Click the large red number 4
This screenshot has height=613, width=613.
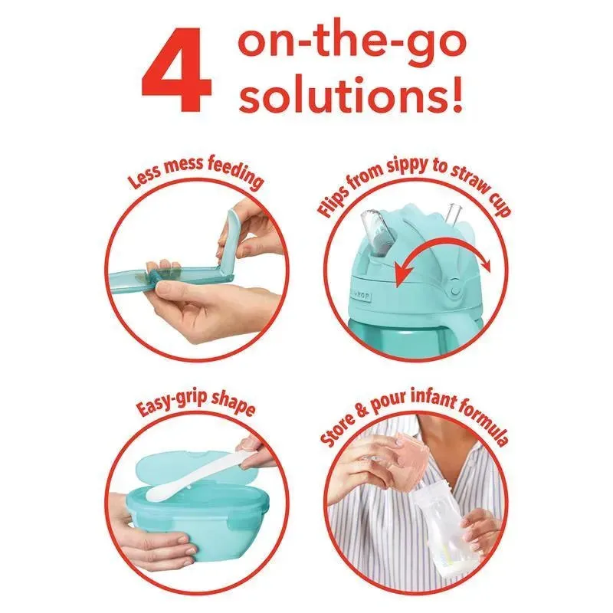(177, 70)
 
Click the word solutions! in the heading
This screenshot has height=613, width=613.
(351, 93)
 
